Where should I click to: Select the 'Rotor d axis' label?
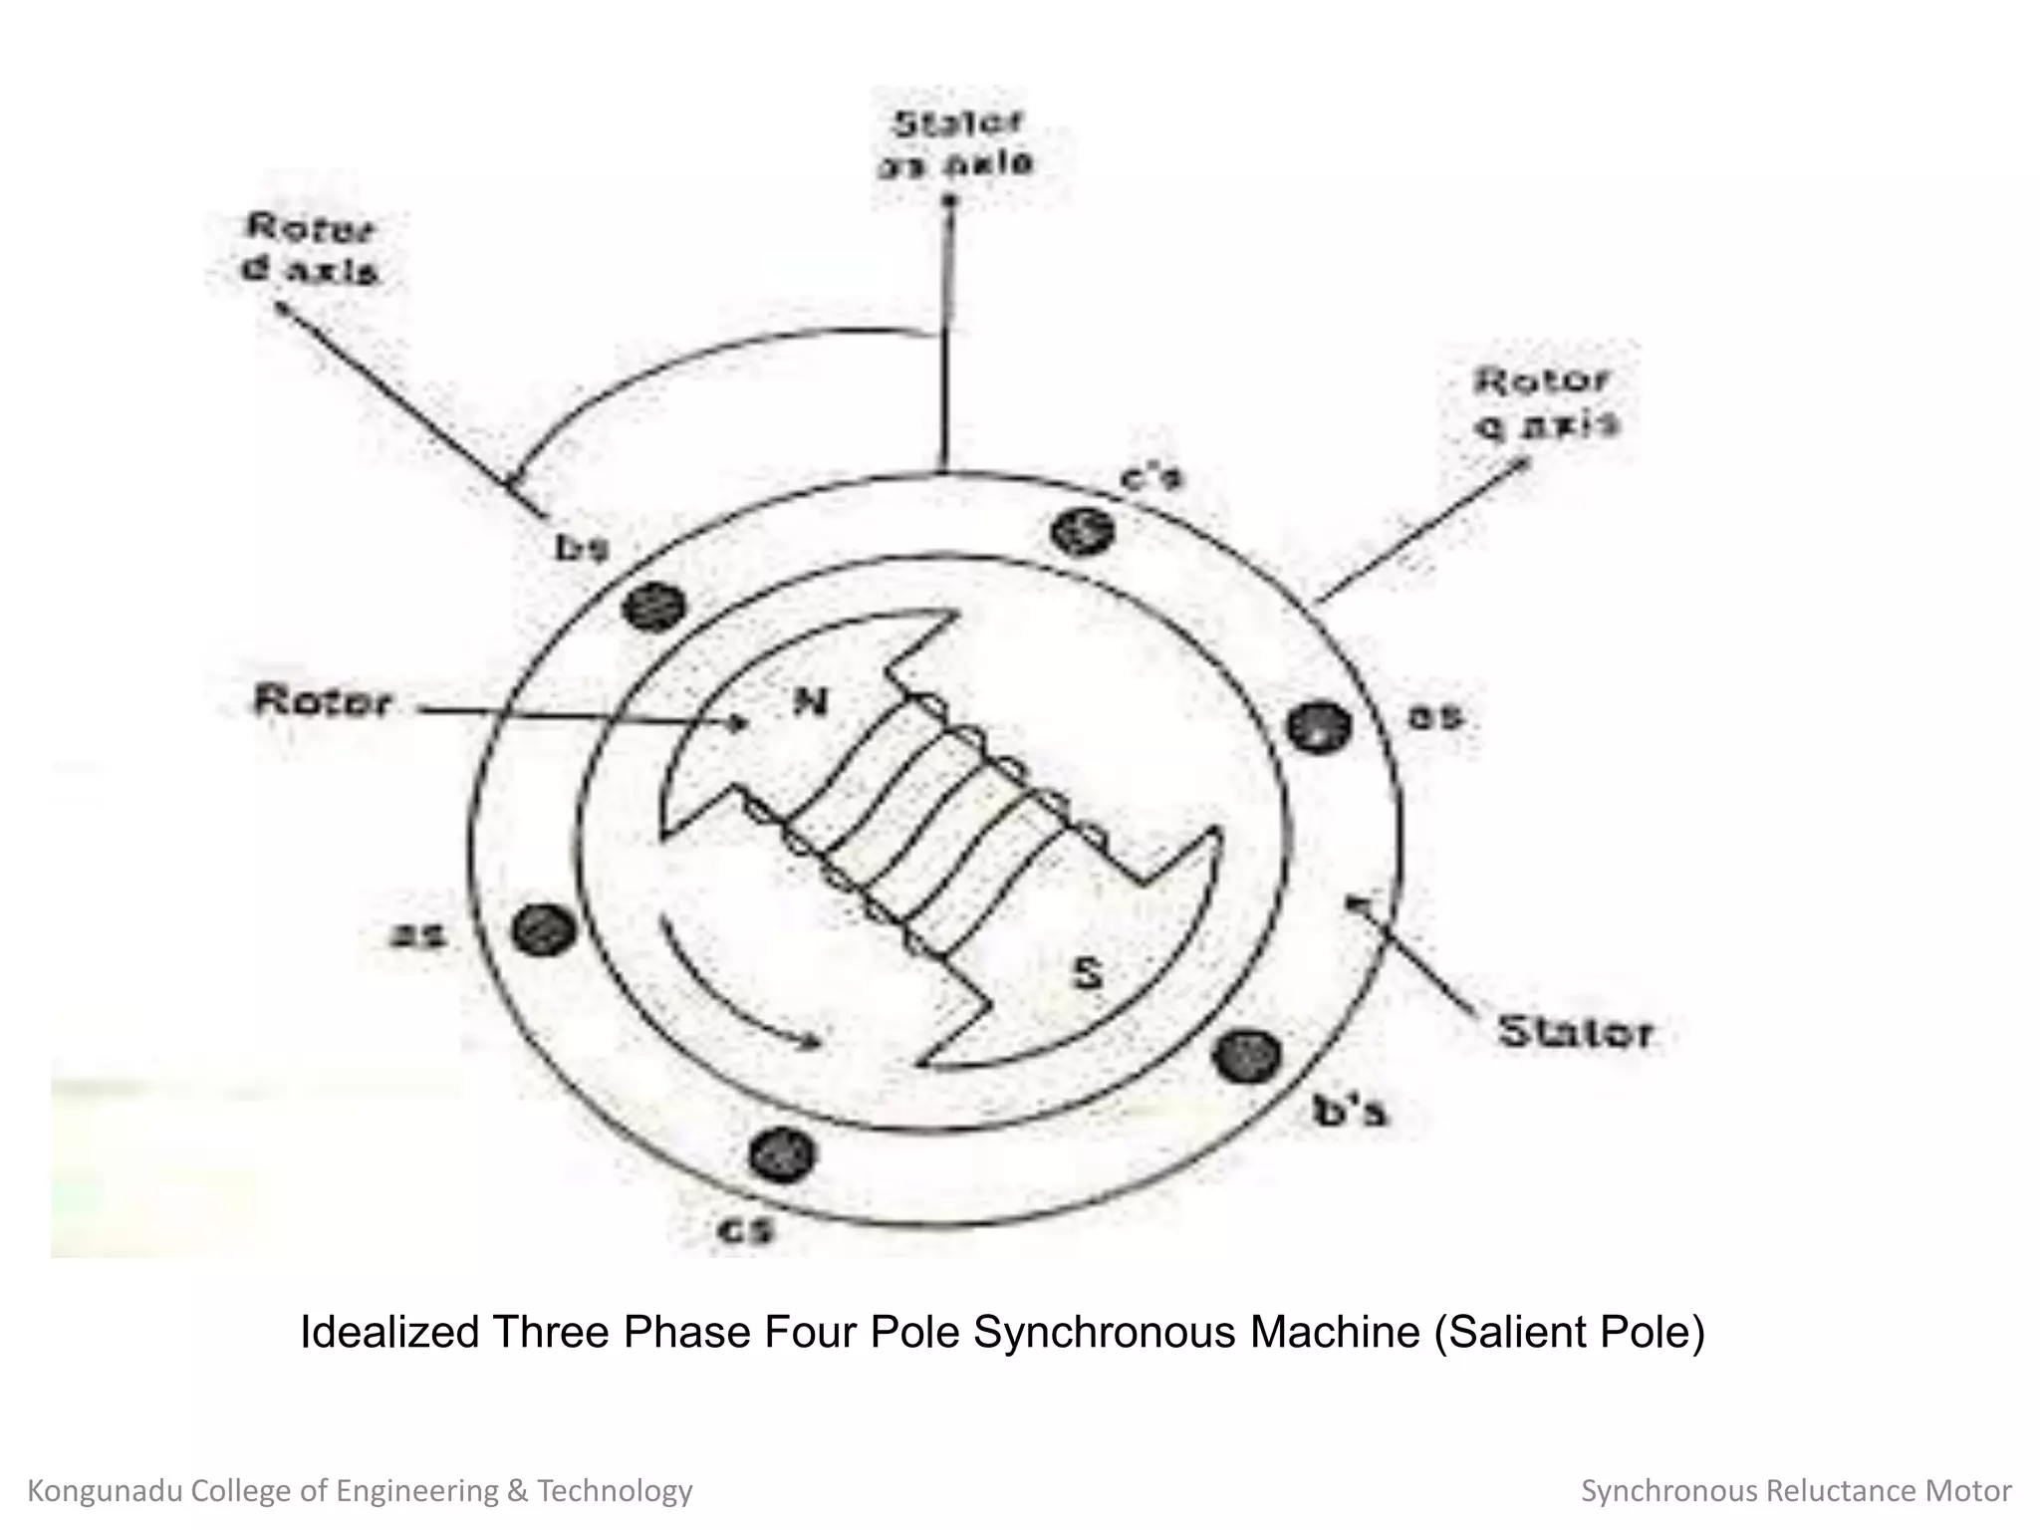point(311,249)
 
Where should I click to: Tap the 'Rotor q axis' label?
point(1544,401)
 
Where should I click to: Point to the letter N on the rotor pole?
point(810,703)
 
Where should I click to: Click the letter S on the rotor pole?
point(1088,973)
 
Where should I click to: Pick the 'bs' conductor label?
point(581,548)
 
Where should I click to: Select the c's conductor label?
point(1151,479)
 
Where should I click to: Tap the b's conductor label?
point(1349,1111)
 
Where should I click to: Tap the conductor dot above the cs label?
point(782,1154)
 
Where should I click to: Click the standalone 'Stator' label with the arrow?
point(1575,1032)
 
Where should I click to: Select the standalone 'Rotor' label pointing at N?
point(323,701)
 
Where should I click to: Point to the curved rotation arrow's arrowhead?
point(812,1043)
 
